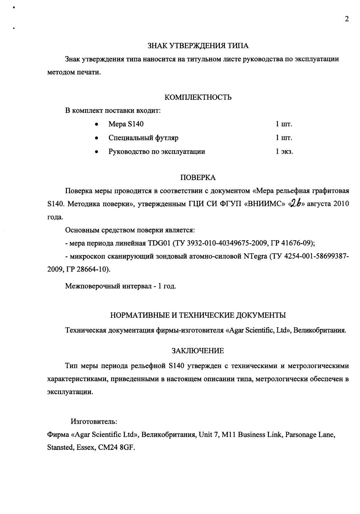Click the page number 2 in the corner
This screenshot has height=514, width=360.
pyautogui.click(x=346, y=19)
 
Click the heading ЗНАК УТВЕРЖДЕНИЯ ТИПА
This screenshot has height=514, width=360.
pyautogui.click(x=198, y=45)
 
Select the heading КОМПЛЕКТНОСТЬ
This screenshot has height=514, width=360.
pyautogui.click(x=198, y=97)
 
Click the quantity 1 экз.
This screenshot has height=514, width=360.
pyautogui.click(x=284, y=152)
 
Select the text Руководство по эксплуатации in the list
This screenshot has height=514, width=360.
pyautogui.click(x=157, y=152)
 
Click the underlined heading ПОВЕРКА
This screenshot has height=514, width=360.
pyautogui.click(x=198, y=178)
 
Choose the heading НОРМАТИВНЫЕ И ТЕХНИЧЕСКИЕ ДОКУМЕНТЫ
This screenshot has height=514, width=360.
pyautogui.click(x=198, y=315)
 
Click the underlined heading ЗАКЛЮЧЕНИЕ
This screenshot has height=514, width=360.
pyautogui.click(x=198, y=351)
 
